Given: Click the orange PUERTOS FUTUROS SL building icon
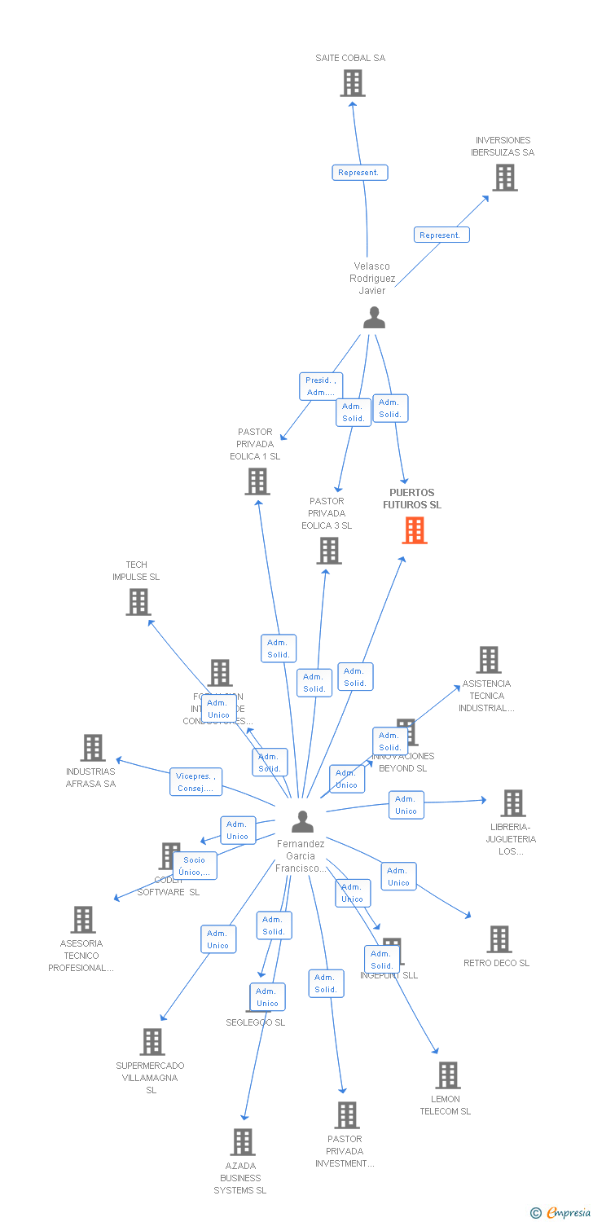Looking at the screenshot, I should tap(415, 530).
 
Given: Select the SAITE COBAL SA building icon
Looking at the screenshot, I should tap(353, 83).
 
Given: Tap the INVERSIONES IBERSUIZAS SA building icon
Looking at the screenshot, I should tap(505, 178).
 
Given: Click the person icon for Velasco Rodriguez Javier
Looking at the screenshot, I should tap(374, 318).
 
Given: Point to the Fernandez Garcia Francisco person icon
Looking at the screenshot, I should tap(302, 822).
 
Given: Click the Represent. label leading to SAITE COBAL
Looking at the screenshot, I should tap(359, 173).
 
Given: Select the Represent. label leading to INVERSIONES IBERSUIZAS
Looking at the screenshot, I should tap(441, 235).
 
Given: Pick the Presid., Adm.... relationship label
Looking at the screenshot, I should tap(320, 386).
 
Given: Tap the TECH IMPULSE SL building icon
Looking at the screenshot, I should tap(138, 602).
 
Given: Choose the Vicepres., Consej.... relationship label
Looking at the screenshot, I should tap(195, 782).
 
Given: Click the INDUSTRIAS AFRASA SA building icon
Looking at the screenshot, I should tap(93, 748).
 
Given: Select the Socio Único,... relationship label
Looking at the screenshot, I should tap(195, 866).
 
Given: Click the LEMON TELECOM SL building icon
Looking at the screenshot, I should tap(447, 1075).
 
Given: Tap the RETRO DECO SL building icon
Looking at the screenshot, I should tap(499, 939).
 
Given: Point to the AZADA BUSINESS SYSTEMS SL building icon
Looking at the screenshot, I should tap(242, 1142).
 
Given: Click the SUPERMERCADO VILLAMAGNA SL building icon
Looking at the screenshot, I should tap(152, 1042).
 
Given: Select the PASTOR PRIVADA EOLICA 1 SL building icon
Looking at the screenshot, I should tap(257, 481).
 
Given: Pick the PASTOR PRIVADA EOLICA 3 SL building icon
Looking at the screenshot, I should tap(329, 551).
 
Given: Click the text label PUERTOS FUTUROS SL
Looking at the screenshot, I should tap(412, 499).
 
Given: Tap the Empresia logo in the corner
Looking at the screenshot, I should tap(561, 1213).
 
